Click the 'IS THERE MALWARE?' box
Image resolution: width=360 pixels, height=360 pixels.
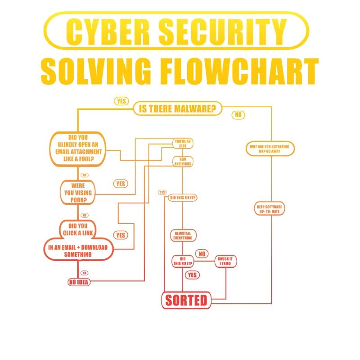click(178, 108)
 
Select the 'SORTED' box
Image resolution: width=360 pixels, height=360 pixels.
click(186, 300)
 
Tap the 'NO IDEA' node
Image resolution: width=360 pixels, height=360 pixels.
click(79, 282)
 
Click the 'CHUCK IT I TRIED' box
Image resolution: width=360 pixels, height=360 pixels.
click(225, 261)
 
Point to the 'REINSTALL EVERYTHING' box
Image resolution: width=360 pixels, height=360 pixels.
click(183, 235)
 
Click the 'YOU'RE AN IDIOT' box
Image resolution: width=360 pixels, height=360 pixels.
click(183, 144)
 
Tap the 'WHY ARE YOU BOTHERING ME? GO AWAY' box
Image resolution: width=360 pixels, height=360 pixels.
click(270, 149)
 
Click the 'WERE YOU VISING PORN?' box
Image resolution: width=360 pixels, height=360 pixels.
click(79, 192)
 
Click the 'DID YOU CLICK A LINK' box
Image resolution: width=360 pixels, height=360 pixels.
click(79, 229)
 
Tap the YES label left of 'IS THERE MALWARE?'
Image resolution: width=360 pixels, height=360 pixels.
click(121, 101)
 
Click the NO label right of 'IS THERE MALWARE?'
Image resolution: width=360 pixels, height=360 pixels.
click(238, 115)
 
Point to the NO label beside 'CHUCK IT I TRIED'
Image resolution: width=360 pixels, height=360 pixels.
click(202, 254)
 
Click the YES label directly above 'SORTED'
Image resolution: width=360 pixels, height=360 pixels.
click(192, 275)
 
